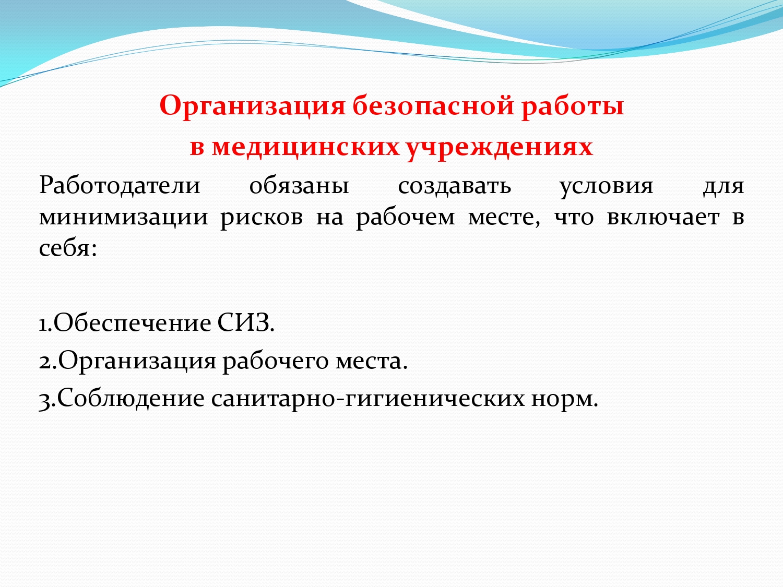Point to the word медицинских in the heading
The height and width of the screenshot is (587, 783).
pyautogui.click(x=305, y=148)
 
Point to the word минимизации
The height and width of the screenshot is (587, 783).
pyautogui.click(x=123, y=218)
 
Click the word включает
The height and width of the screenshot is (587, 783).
pyautogui.click(x=663, y=218)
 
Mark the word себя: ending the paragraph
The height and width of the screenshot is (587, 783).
pyautogui.click(x=68, y=248)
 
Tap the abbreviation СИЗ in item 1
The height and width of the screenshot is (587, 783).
pyautogui.click(x=246, y=323)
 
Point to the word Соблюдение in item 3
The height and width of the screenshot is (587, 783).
pyautogui.click(x=130, y=398)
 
